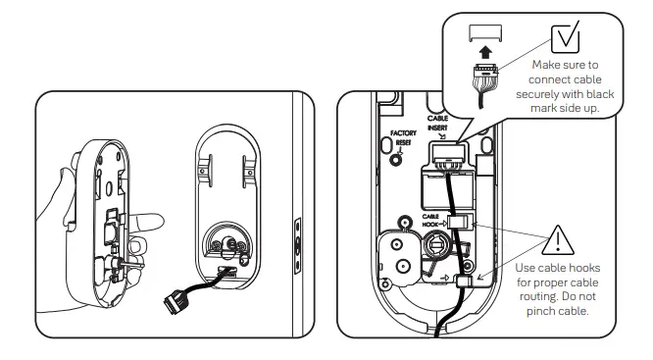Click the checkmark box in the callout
(x=566, y=36)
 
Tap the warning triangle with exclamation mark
(x=556, y=239)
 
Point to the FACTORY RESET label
(x=404, y=137)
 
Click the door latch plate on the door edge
(x=297, y=241)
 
